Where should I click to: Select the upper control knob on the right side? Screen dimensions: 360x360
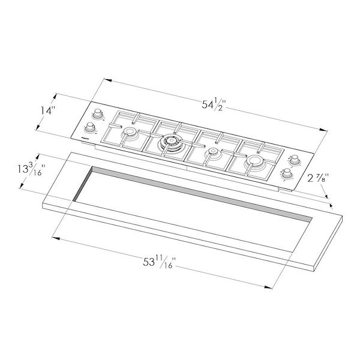294,160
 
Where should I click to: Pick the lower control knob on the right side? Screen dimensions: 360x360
287,174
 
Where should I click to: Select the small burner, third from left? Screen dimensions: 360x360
211,152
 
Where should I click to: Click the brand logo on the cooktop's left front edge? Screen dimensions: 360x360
85,137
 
